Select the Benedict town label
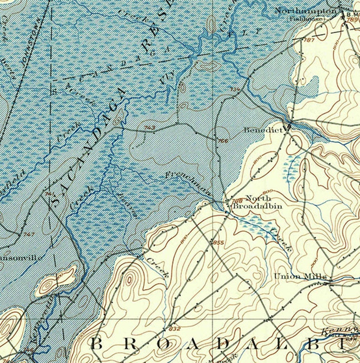pyautogui.click(x=263, y=130)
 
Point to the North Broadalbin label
pyautogui.click(x=257, y=202)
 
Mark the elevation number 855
pyautogui.click(x=218, y=243)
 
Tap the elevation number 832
pyautogui.click(x=174, y=328)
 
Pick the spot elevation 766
pyautogui.click(x=223, y=141)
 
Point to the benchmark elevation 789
pyautogui.click(x=352, y=19)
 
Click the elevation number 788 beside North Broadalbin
pyautogui.click(x=237, y=200)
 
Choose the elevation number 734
pyautogui.click(x=234, y=90)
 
